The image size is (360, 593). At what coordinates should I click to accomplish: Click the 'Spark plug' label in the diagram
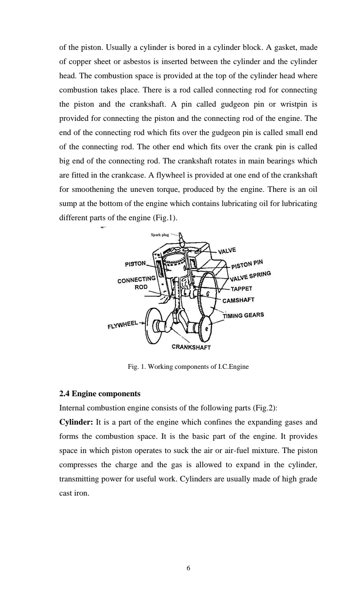point(160,235)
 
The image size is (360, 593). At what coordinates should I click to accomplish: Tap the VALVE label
point(227,251)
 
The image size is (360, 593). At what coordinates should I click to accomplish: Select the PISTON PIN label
point(247,264)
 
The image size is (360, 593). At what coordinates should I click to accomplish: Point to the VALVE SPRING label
point(250,276)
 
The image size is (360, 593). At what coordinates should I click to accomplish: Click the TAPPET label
point(241,289)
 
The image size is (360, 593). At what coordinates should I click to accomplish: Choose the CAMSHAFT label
point(238,300)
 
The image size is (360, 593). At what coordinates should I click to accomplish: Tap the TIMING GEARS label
point(243,315)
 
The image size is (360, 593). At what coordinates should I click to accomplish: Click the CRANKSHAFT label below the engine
point(191,347)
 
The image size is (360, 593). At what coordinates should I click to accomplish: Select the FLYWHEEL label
point(122,325)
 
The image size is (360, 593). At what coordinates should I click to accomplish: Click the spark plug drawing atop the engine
point(181,238)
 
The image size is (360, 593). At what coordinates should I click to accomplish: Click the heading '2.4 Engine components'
point(100,394)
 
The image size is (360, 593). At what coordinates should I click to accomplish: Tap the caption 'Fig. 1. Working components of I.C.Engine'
point(188,366)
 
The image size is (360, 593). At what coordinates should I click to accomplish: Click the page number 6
point(188,568)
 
